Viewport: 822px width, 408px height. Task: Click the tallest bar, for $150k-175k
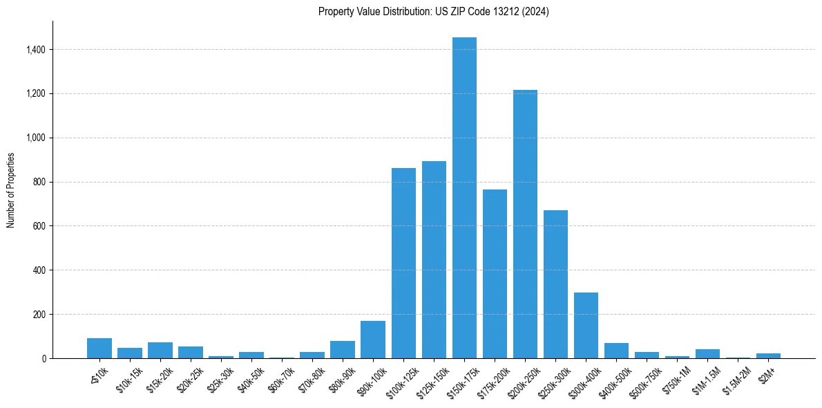click(x=464, y=198)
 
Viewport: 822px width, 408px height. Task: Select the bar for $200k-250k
click(x=525, y=224)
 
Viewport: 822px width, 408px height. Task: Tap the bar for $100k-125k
click(x=403, y=263)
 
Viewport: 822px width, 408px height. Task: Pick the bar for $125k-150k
click(x=434, y=259)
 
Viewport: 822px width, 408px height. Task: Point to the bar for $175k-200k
click(x=495, y=274)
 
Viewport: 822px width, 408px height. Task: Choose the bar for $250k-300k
click(x=555, y=284)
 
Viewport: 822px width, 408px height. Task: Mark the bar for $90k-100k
click(x=373, y=340)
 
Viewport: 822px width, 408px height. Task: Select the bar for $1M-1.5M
click(x=707, y=353)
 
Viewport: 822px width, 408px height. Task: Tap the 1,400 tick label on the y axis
click(x=35, y=50)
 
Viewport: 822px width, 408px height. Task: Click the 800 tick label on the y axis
click(x=39, y=182)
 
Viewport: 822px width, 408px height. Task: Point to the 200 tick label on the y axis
click(x=39, y=314)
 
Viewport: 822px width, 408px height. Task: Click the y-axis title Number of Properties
click(x=10, y=190)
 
